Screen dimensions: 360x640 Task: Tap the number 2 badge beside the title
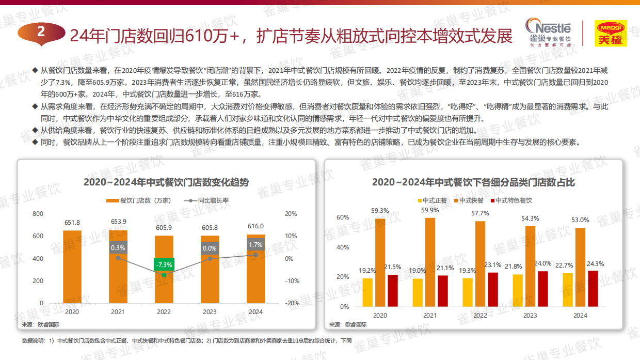(41, 32)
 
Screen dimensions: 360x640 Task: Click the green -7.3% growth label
(164, 264)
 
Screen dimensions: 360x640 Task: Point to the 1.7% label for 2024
(255, 245)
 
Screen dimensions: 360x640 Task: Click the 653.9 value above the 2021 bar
(118, 222)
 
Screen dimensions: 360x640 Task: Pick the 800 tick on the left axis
(38, 214)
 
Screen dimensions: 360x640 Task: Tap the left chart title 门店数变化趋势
(166, 182)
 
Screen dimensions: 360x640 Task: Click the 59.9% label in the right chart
(430, 210)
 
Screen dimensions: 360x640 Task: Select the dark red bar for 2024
(593, 288)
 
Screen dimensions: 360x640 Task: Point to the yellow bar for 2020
(367, 292)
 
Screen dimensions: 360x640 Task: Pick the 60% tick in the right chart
(343, 217)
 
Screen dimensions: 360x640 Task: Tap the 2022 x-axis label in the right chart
(479, 316)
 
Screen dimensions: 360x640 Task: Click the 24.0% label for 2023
(542, 263)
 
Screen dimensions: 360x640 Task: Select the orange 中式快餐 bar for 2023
(530, 266)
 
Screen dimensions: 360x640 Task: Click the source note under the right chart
(348, 324)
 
